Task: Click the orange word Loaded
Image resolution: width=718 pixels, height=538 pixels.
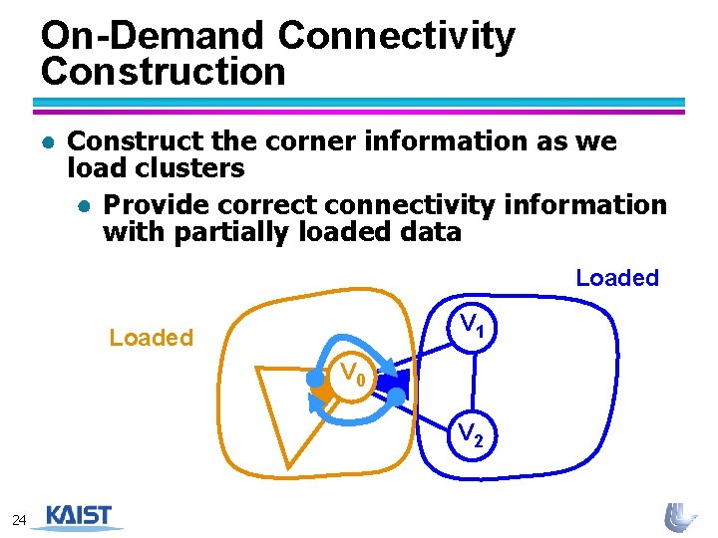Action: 151,338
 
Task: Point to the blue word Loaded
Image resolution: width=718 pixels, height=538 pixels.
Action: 617,278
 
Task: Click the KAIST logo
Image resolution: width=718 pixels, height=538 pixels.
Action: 79,517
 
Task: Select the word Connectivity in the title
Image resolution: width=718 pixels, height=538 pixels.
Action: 397,36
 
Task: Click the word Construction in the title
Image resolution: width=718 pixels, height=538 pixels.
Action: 164,72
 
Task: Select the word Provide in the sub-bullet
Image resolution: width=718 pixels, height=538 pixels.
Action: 159,205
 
